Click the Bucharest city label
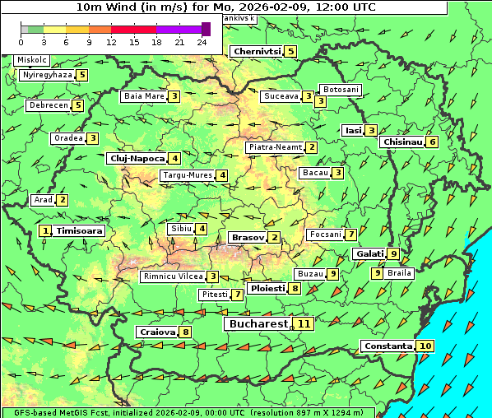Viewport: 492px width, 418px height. click(258, 324)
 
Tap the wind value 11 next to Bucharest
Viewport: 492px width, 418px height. click(304, 324)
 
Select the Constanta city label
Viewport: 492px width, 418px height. click(388, 346)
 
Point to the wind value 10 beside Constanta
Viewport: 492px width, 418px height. click(425, 346)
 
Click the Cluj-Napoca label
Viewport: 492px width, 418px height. click(137, 158)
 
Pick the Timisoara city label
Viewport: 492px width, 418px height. click(80, 231)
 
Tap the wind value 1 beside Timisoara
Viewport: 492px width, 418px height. click(45, 231)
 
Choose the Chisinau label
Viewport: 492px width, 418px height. click(403, 142)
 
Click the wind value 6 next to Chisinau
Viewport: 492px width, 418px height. click(433, 142)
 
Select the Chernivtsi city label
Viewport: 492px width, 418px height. click(258, 51)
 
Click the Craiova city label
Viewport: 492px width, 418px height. click(157, 332)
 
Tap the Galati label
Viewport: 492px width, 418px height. click(369, 254)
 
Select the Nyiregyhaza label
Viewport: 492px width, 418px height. click(48, 75)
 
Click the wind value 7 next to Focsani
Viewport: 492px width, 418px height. click(350, 235)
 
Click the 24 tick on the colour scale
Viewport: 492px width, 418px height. click(202, 41)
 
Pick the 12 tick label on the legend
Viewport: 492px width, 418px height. click(112, 41)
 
